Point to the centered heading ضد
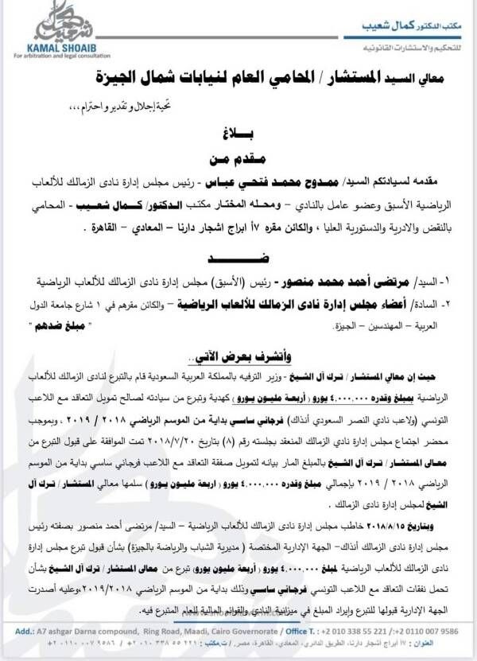click(238, 259)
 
